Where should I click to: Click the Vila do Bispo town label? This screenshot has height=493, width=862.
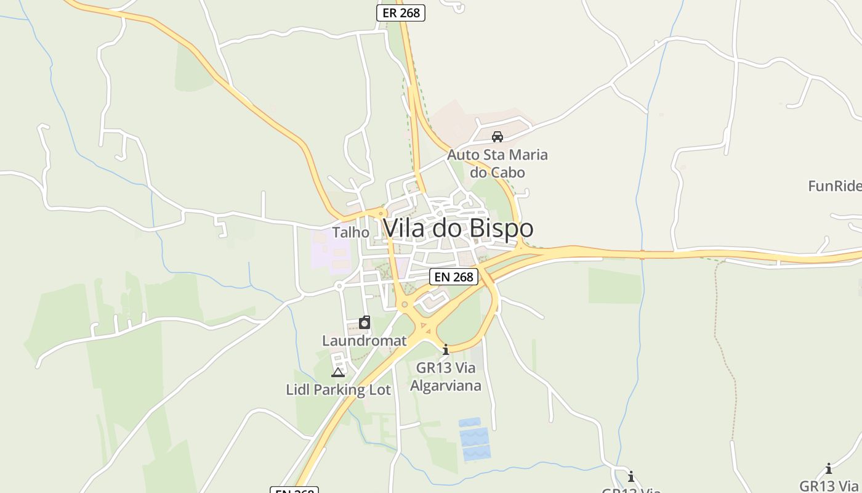[x=457, y=228]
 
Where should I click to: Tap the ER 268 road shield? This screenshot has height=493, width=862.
[x=401, y=13]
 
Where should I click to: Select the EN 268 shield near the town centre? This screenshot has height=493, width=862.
[x=454, y=277]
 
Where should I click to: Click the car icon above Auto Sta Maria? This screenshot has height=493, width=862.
[x=497, y=136]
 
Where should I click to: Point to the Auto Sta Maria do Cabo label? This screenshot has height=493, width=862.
[x=497, y=163]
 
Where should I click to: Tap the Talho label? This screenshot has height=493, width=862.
[x=351, y=232]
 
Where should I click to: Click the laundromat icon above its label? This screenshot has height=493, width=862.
[x=365, y=323]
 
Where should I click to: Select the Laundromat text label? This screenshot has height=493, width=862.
[x=365, y=340]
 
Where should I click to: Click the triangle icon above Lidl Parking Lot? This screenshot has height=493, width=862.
[x=338, y=372]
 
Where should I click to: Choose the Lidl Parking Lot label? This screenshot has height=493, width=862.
[x=338, y=389]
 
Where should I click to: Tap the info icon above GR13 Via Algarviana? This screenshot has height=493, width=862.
[x=446, y=350]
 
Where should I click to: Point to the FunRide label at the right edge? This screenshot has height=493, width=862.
[x=835, y=185]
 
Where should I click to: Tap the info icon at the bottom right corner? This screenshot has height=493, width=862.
[x=829, y=468]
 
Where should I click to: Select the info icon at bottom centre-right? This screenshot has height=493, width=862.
[x=631, y=476]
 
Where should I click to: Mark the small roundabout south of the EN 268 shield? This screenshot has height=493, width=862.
[x=405, y=304]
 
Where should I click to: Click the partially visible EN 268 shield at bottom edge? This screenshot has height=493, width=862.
[x=294, y=490]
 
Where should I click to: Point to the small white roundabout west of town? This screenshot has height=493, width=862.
[x=339, y=286]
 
